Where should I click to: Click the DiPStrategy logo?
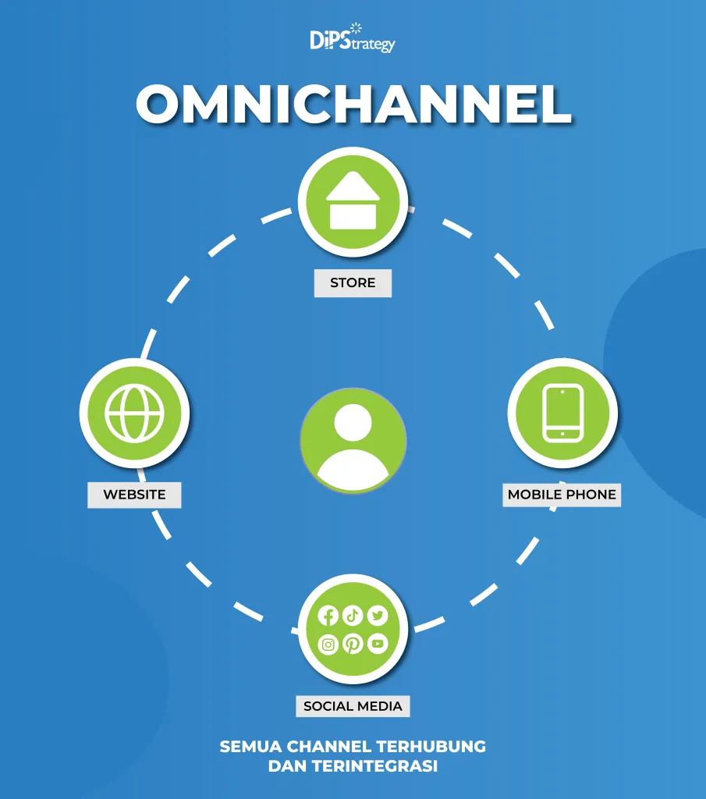click(x=353, y=37)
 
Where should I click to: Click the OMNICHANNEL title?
click(x=353, y=104)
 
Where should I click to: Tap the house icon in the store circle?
click(x=353, y=201)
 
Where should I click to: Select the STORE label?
click(x=353, y=282)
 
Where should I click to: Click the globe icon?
click(x=134, y=412)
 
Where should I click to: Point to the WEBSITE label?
click(x=134, y=495)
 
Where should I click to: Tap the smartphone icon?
click(x=562, y=413)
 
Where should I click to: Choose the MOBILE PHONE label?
click(x=562, y=494)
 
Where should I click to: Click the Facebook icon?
click(x=328, y=616)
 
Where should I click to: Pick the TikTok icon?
click(x=353, y=616)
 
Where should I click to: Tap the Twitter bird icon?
click(x=378, y=616)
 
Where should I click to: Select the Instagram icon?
click(x=328, y=645)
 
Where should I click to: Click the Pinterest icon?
click(x=353, y=644)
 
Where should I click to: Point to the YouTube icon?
click(x=378, y=644)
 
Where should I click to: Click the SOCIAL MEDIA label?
click(x=353, y=706)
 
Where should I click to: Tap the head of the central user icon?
click(x=353, y=422)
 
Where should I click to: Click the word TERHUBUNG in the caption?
click(x=431, y=747)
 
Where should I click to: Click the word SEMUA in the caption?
click(x=250, y=747)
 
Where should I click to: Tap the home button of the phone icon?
click(x=562, y=434)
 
